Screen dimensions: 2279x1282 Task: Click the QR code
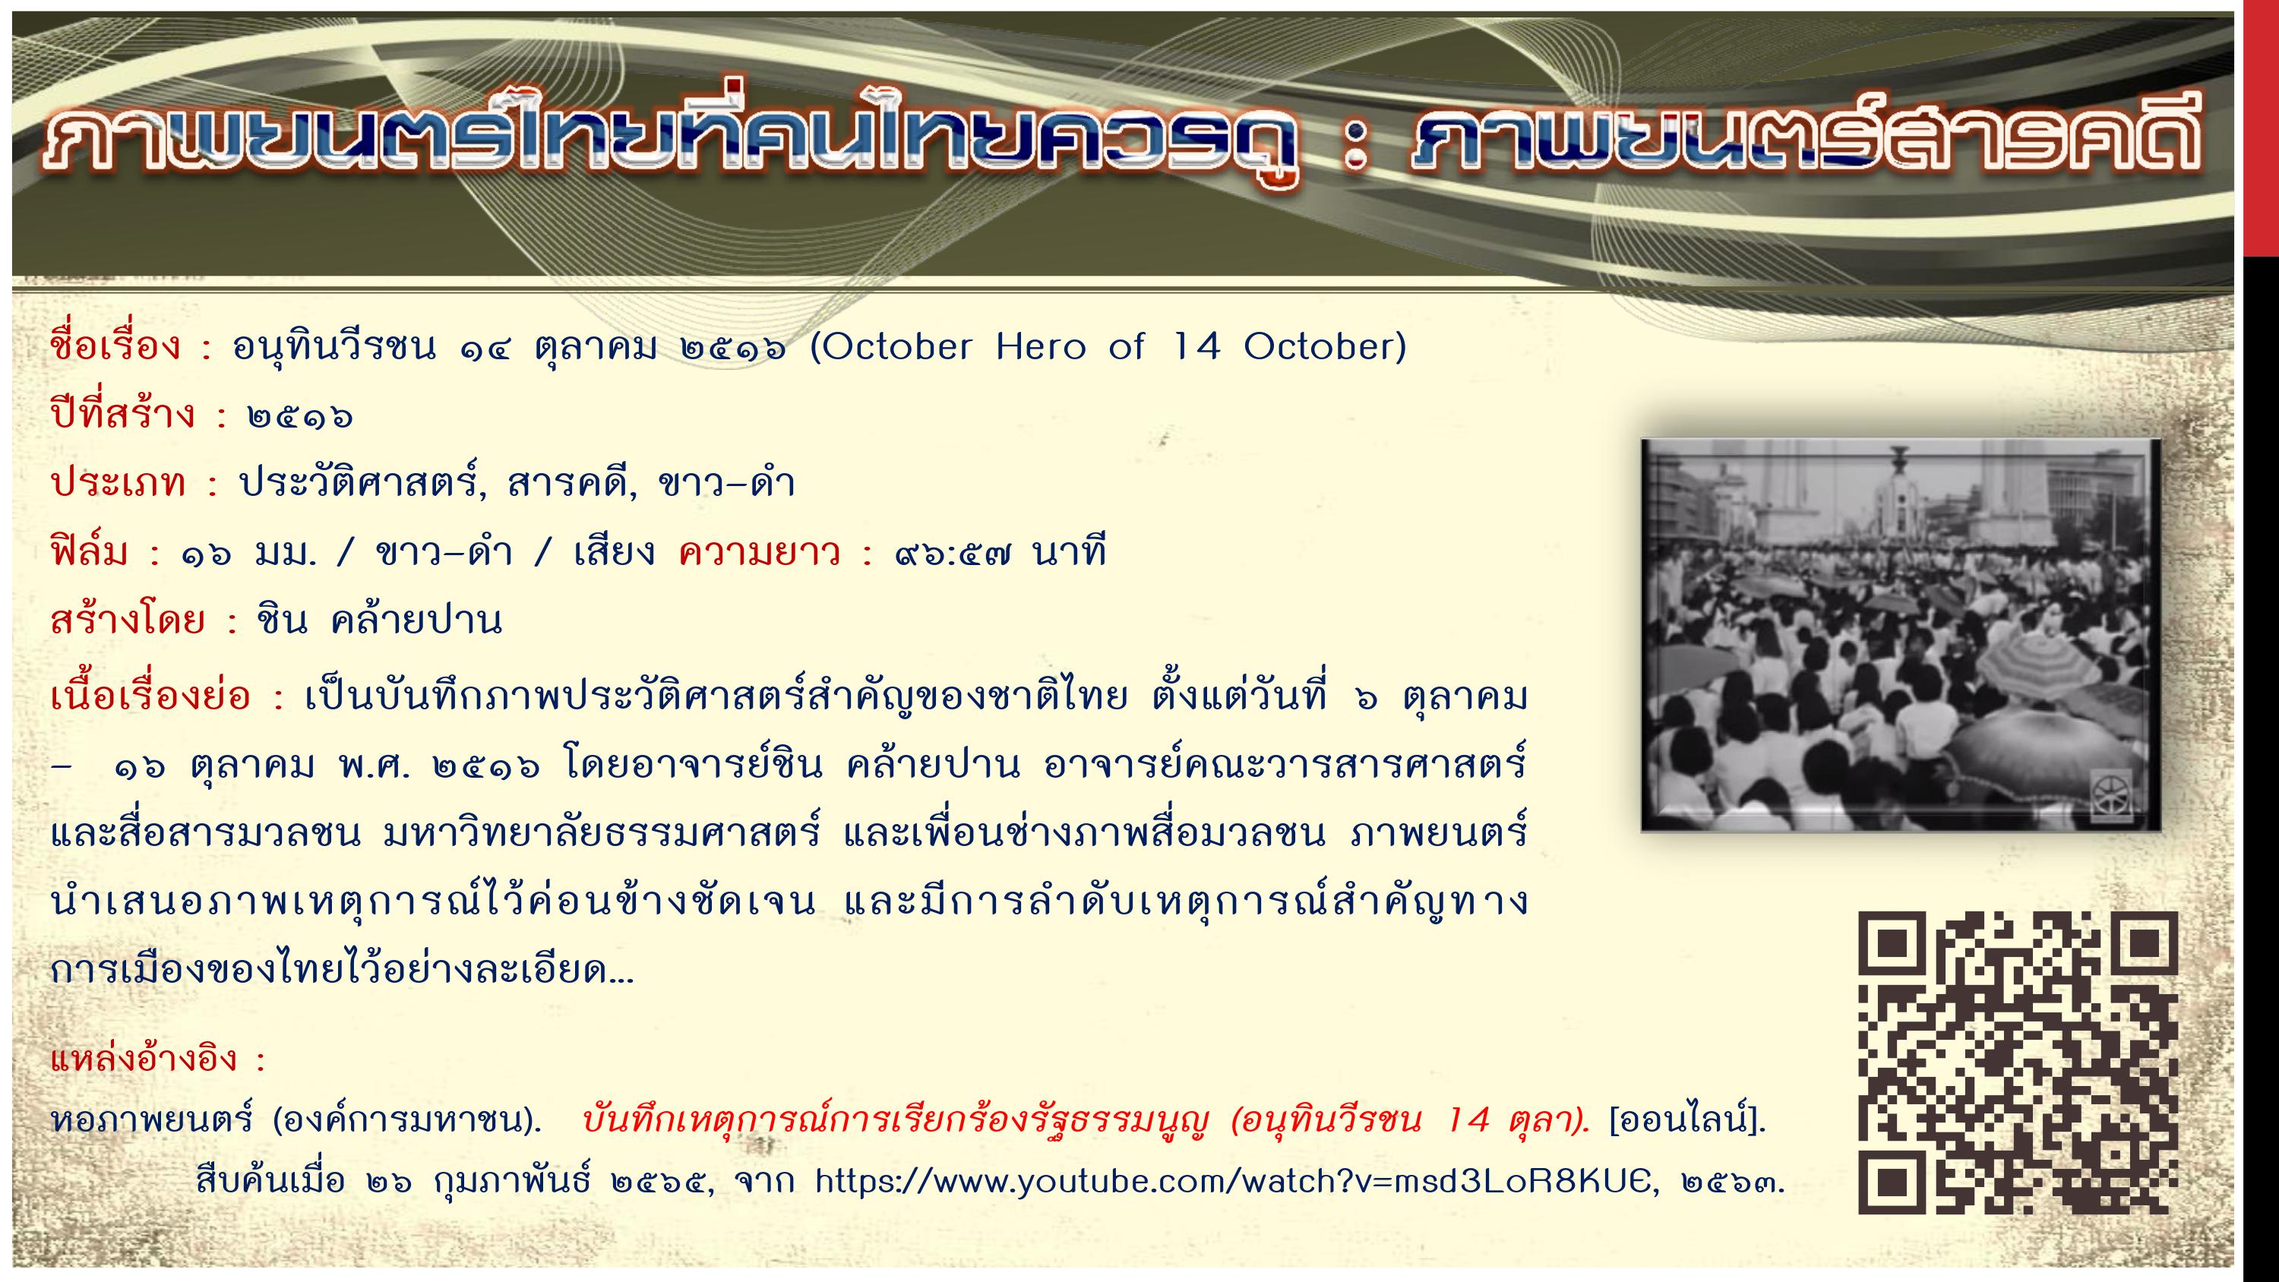[x=2017, y=1062]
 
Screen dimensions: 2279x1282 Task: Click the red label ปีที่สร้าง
[x=122, y=413]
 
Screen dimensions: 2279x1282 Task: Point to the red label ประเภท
[x=118, y=483]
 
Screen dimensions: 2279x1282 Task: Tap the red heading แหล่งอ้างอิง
[x=146, y=1058]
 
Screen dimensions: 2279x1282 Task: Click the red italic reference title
[x=1086, y=1121]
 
